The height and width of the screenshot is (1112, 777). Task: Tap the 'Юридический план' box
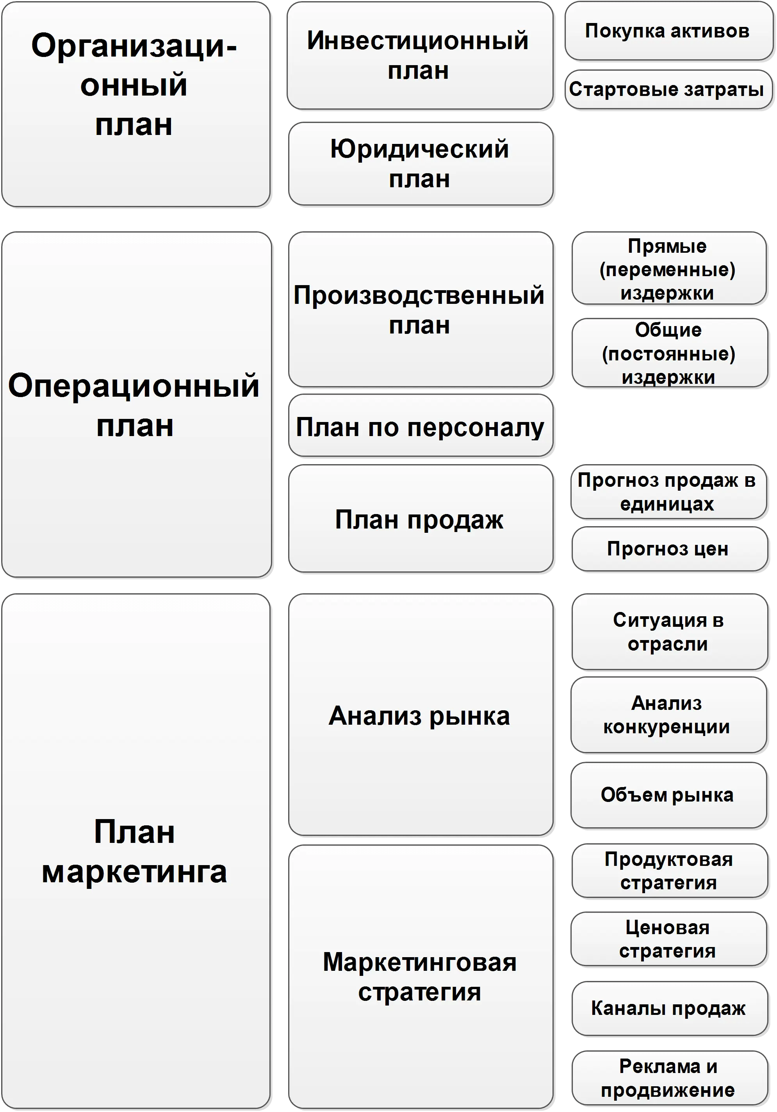(420, 164)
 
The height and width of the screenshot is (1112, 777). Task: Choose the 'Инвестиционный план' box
(419, 55)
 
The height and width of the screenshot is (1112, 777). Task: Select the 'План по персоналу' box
(420, 427)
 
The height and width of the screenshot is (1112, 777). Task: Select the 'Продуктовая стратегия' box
(669, 871)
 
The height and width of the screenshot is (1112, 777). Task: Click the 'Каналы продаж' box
(669, 1008)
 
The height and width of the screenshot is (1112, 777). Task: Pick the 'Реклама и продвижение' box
(669, 1078)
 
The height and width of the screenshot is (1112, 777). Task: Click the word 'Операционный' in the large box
(134, 386)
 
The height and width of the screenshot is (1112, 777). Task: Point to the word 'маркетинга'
(134, 872)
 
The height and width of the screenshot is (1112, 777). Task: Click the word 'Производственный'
(419, 295)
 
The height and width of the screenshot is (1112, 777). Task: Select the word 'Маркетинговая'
(420, 962)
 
